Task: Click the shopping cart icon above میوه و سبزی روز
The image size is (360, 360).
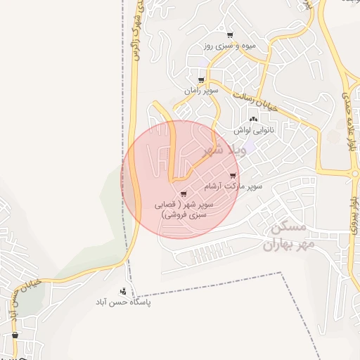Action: tap(230, 34)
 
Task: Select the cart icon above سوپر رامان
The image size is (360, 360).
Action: tap(202, 79)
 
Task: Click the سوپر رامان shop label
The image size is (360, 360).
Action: tap(202, 91)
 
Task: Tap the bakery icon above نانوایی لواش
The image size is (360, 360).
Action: tap(253, 120)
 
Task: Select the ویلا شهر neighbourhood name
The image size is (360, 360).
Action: tap(222, 149)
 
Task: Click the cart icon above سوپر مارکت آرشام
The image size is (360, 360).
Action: tap(233, 176)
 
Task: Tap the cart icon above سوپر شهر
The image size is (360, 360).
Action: tap(184, 193)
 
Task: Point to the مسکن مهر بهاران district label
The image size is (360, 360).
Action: tap(285, 238)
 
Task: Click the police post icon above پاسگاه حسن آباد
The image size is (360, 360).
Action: tap(124, 291)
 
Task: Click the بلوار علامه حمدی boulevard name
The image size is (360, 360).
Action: tap(349, 124)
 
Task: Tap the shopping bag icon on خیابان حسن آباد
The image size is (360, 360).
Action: tap(14, 338)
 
